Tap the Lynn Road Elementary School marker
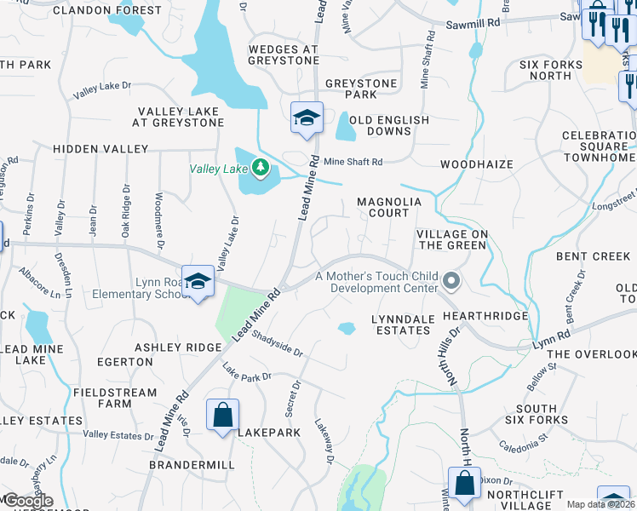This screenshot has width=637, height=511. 198,282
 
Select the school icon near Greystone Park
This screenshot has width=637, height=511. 306,118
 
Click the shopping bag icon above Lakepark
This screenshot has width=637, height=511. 222,416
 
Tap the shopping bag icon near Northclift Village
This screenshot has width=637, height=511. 464,483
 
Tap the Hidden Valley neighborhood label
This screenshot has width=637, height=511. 100,148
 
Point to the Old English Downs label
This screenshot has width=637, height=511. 389,126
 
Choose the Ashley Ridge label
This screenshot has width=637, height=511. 178,347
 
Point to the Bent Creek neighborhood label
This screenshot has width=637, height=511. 593,255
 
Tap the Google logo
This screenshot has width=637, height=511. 27,501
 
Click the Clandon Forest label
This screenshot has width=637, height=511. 106,10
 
